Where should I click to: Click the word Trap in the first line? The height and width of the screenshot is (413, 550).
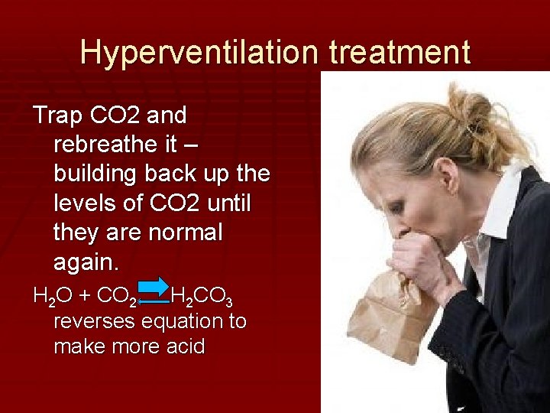coord(58,115)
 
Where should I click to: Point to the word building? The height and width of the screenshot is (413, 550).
coord(98,174)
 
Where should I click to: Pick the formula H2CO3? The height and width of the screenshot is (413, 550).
coord(202,295)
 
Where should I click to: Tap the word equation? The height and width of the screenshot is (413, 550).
coord(187,320)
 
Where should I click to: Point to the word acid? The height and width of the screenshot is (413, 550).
coord(186,346)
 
